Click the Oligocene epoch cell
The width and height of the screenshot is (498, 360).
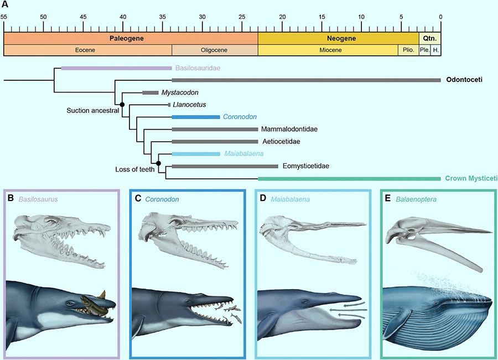click(x=215, y=50)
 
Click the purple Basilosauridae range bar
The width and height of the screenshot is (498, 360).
click(x=116, y=68)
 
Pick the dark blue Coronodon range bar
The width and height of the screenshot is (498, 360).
click(x=196, y=117)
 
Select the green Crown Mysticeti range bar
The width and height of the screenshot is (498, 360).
click(x=349, y=178)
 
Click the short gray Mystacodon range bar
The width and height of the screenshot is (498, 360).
click(x=151, y=92)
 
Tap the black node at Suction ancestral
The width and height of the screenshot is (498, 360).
click(x=122, y=104)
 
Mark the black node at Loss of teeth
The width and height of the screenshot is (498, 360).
click(x=158, y=163)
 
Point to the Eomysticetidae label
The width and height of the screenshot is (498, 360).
click(x=307, y=166)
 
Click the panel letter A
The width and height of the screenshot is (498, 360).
click(x=5, y=4)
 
